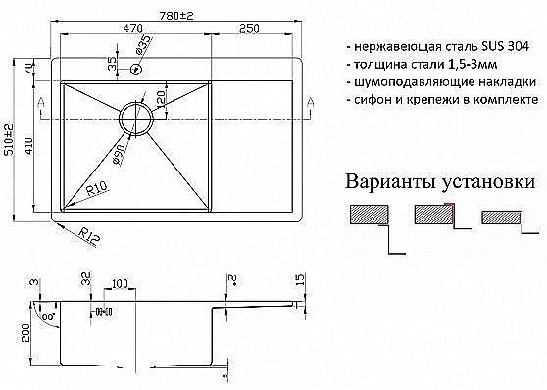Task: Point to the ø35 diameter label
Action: tap(144, 45)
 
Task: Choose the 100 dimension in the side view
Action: tap(120, 285)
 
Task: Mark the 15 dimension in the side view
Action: tap(297, 283)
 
